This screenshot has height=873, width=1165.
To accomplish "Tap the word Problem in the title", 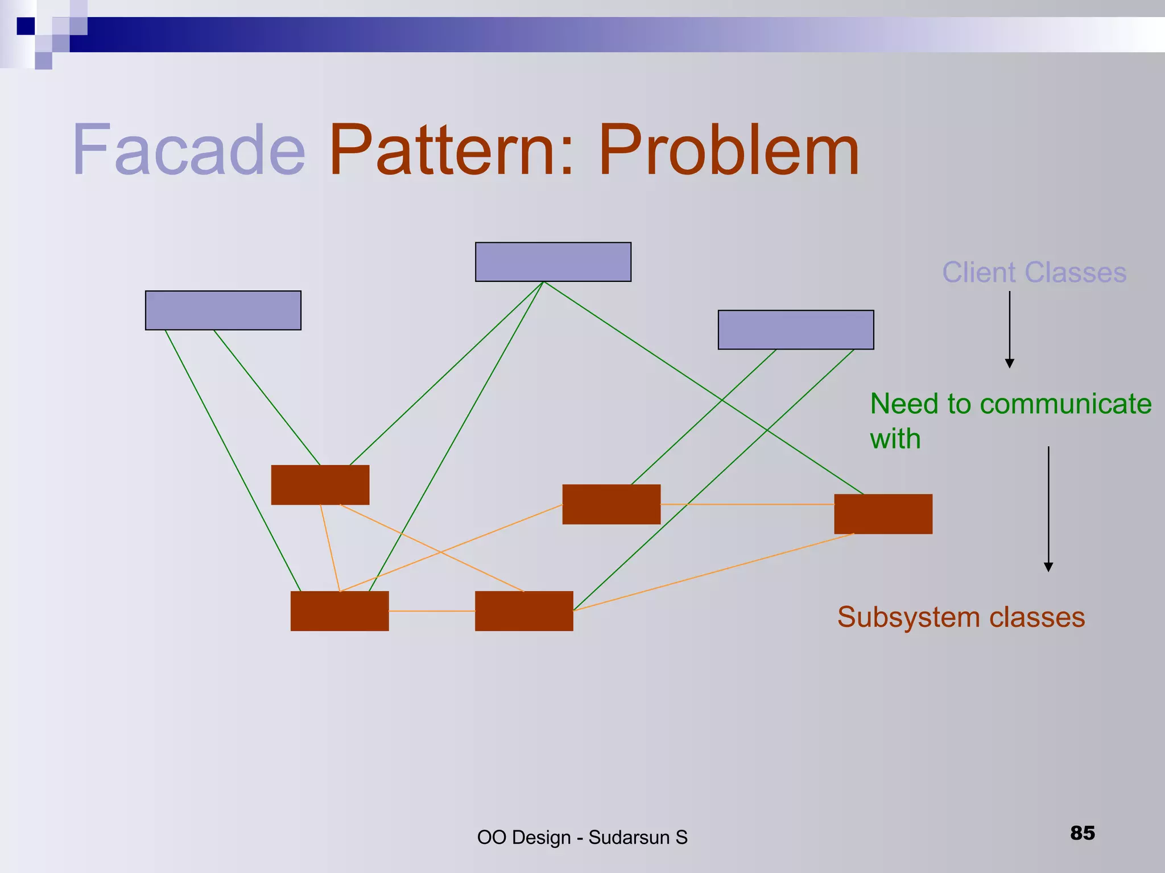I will pyautogui.click(x=728, y=151).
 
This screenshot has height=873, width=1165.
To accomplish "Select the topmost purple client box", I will pyautogui.click(x=553, y=262).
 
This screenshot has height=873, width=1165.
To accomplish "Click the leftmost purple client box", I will pyautogui.click(x=223, y=310).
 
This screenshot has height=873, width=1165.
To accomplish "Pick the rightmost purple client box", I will pyautogui.click(x=796, y=330).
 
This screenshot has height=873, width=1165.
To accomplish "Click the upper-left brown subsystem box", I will pyautogui.click(x=320, y=485).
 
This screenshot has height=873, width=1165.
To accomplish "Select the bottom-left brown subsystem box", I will pyautogui.click(x=340, y=611).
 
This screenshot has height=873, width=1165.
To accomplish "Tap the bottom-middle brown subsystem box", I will pyautogui.click(x=524, y=611).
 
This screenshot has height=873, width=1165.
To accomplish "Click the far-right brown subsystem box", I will pyautogui.click(x=883, y=514).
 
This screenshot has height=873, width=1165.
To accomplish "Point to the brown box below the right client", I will pyautogui.click(x=612, y=504).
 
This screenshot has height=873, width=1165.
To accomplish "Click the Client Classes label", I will pyautogui.click(x=1034, y=272).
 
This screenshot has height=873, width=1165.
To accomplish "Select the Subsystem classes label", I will pyautogui.click(x=961, y=617).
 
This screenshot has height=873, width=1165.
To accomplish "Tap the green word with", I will pyautogui.click(x=895, y=439).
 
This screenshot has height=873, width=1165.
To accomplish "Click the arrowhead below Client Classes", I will pyautogui.click(x=1010, y=364).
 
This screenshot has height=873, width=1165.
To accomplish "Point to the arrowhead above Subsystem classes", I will pyautogui.click(x=1048, y=567).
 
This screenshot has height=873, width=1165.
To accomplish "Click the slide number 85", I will pyautogui.click(x=1082, y=833).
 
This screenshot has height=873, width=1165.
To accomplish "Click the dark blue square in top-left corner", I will pyautogui.click(x=26, y=26).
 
